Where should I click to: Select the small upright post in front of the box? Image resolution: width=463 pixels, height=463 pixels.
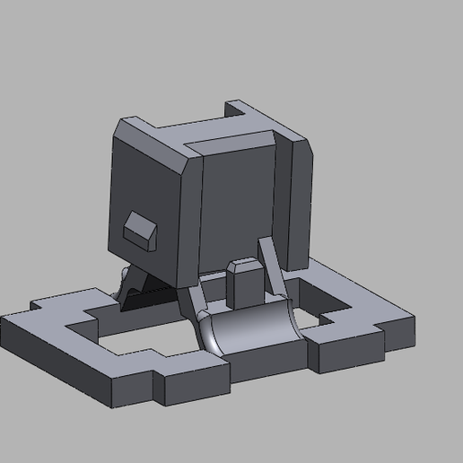point(243,284)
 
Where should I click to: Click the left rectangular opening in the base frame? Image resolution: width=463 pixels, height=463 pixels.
point(144,336)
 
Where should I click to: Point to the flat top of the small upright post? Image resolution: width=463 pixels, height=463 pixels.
point(242,265)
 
